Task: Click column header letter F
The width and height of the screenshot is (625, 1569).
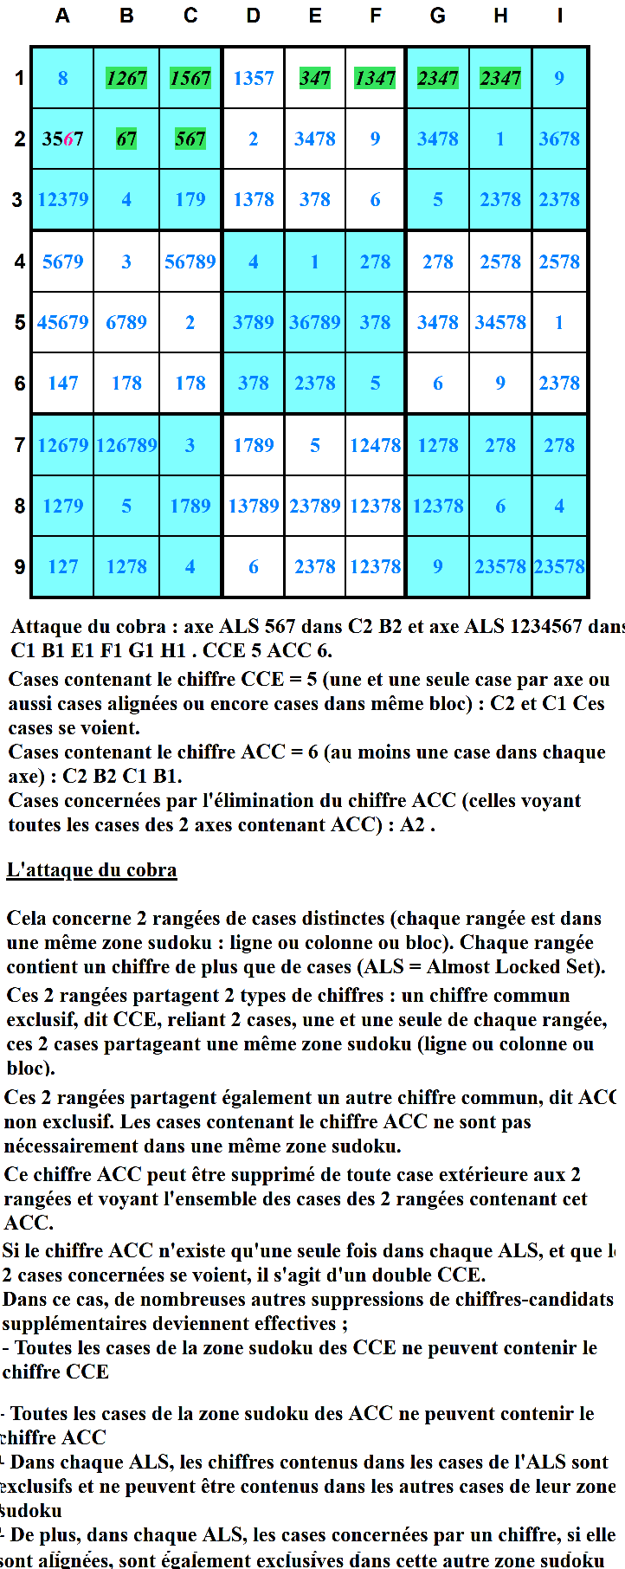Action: [376, 16]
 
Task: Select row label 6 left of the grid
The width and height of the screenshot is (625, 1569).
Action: [19, 383]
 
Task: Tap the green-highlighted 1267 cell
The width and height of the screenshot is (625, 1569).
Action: [126, 78]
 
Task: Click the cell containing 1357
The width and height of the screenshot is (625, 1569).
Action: [254, 78]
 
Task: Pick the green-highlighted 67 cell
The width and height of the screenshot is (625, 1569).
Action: [126, 139]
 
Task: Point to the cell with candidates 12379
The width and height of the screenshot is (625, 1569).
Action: [63, 199]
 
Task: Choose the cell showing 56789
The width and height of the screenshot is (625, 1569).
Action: [190, 261]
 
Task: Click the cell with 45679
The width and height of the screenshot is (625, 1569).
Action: [63, 322]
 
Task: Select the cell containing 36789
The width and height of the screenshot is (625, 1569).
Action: [315, 322]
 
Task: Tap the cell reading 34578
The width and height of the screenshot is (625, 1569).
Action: [500, 322]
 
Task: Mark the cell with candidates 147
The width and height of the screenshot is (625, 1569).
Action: [63, 383]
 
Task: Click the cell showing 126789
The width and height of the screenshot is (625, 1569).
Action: [126, 445]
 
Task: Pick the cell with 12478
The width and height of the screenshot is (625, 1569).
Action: [376, 445]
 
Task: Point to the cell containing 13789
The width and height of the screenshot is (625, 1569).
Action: [254, 506]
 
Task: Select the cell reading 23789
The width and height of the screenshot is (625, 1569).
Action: [315, 506]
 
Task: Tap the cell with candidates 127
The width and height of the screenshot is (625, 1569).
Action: [63, 566]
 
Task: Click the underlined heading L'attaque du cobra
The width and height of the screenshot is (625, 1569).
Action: [92, 870]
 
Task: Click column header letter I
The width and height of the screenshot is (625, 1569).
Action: [560, 16]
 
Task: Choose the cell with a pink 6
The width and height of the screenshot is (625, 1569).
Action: [63, 139]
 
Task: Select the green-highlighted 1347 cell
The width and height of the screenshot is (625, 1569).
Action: [376, 78]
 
